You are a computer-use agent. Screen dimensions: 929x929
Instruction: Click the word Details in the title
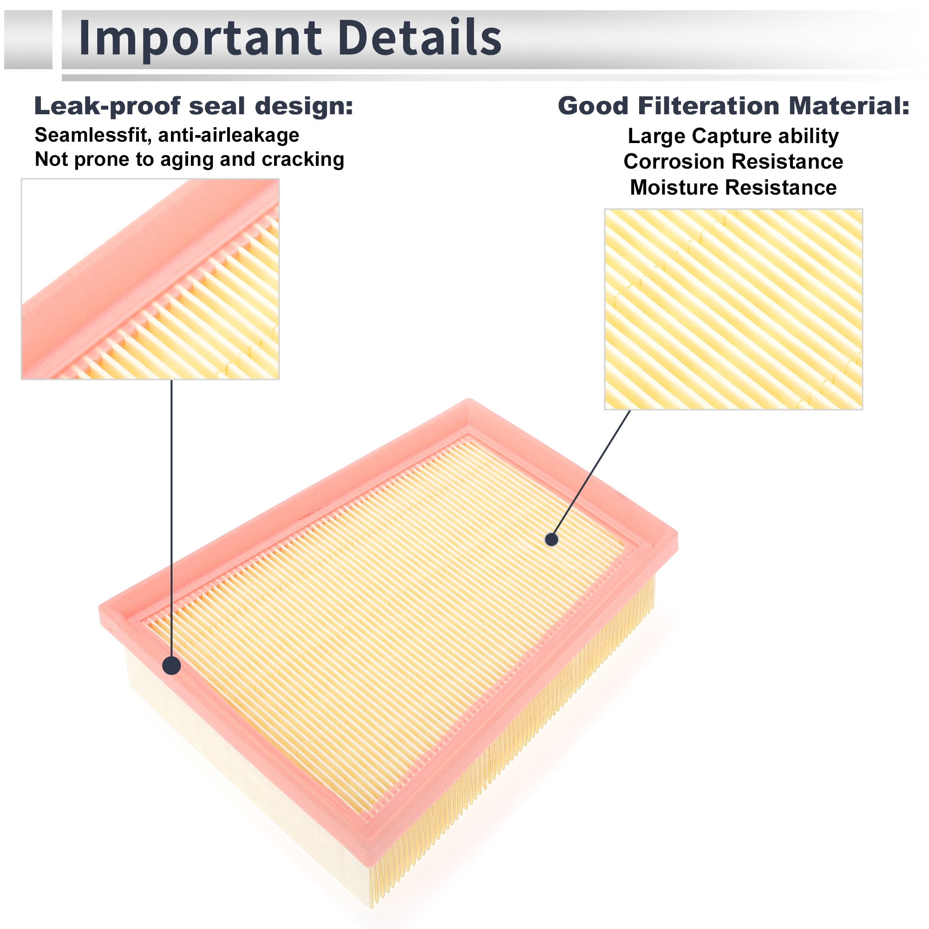(x=420, y=37)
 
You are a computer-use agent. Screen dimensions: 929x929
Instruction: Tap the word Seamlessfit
(x=91, y=135)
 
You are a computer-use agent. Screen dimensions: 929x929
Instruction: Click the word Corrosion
(x=672, y=162)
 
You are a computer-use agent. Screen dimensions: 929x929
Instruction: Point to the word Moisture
(x=669, y=188)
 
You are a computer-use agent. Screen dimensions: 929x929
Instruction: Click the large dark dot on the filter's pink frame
(x=172, y=666)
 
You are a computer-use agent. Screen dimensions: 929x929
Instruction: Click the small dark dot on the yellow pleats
(x=551, y=539)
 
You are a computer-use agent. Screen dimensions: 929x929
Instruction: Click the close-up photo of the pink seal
(x=150, y=279)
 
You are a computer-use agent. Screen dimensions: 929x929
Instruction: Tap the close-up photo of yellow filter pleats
(x=733, y=309)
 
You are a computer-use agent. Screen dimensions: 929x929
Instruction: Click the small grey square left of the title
(x=28, y=39)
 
